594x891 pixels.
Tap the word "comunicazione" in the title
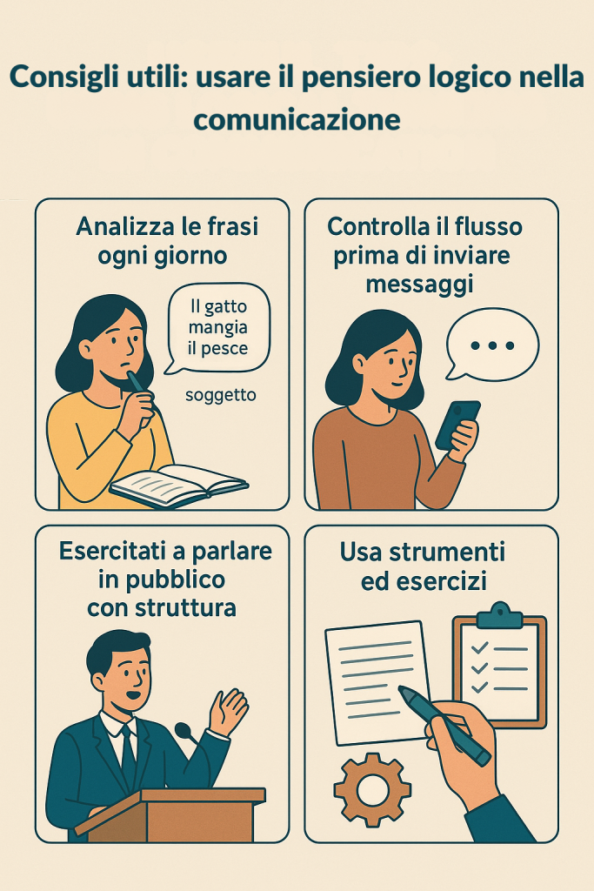click(x=297, y=119)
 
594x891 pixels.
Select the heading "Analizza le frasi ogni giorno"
click(x=166, y=241)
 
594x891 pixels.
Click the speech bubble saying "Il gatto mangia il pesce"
click(x=218, y=328)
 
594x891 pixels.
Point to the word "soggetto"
click(x=220, y=395)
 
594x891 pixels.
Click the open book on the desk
click(x=179, y=485)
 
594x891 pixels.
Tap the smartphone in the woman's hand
click(x=457, y=425)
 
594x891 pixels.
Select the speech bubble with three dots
click(x=491, y=345)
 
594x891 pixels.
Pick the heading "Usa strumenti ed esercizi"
click(x=423, y=566)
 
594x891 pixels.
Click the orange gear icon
click(x=372, y=789)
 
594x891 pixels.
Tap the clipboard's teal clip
click(x=498, y=615)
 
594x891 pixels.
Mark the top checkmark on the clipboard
click(x=480, y=647)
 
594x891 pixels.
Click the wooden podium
click(x=170, y=814)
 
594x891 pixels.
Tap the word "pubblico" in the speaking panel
click(x=162, y=580)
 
